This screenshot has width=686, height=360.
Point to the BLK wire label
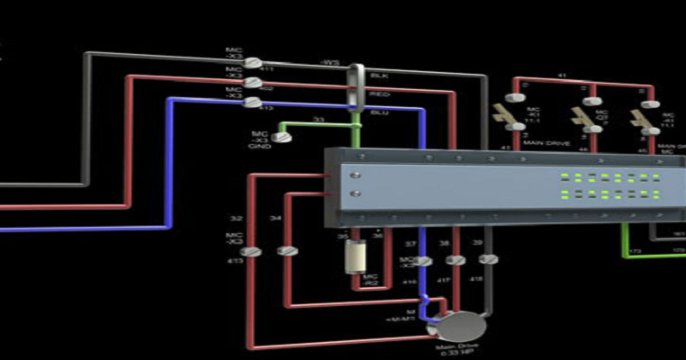click(x=379, y=76)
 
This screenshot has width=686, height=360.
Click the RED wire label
click(x=379, y=93)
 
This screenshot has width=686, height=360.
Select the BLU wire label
click(x=379, y=112)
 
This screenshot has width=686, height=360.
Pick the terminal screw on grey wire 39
click(x=489, y=260)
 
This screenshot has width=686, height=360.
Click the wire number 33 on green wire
click(x=318, y=118)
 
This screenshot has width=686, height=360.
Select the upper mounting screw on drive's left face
click(x=357, y=175)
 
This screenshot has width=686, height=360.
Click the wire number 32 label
click(x=235, y=219)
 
